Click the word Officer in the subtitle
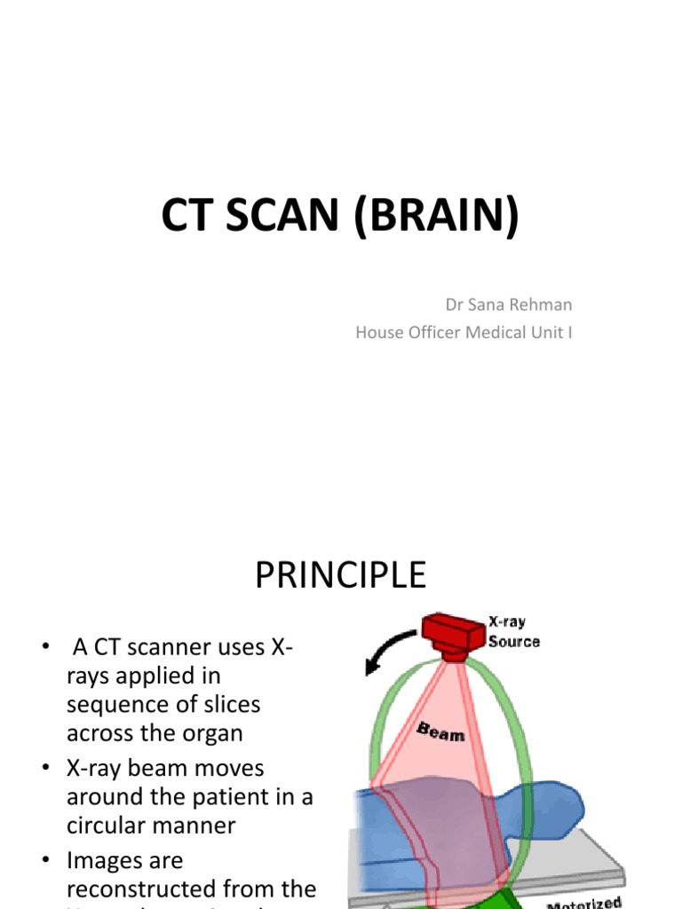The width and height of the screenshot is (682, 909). (x=435, y=333)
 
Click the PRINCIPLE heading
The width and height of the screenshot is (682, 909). (x=341, y=576)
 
